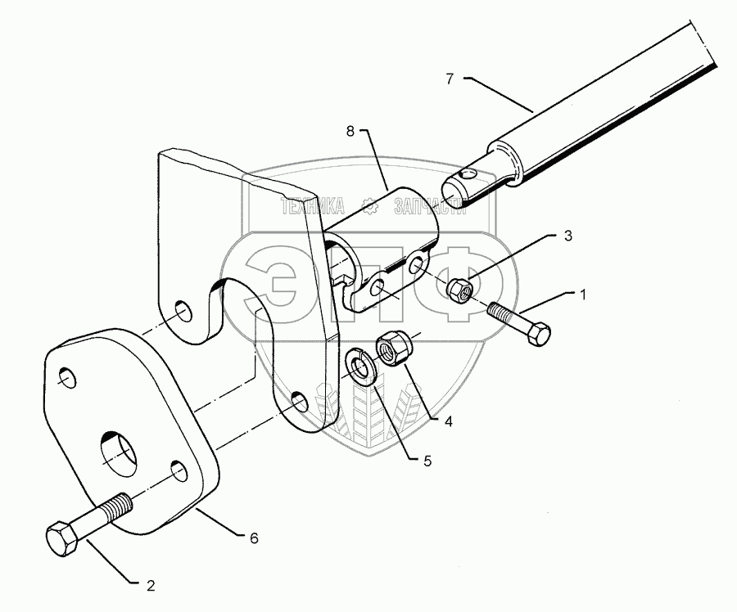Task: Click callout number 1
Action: point(582,295)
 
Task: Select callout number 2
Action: point(150,585)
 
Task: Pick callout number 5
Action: point(427,461)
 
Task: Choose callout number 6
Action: point(254,538)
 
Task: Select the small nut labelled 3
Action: point(459,289)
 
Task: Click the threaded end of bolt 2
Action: point(118,505)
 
